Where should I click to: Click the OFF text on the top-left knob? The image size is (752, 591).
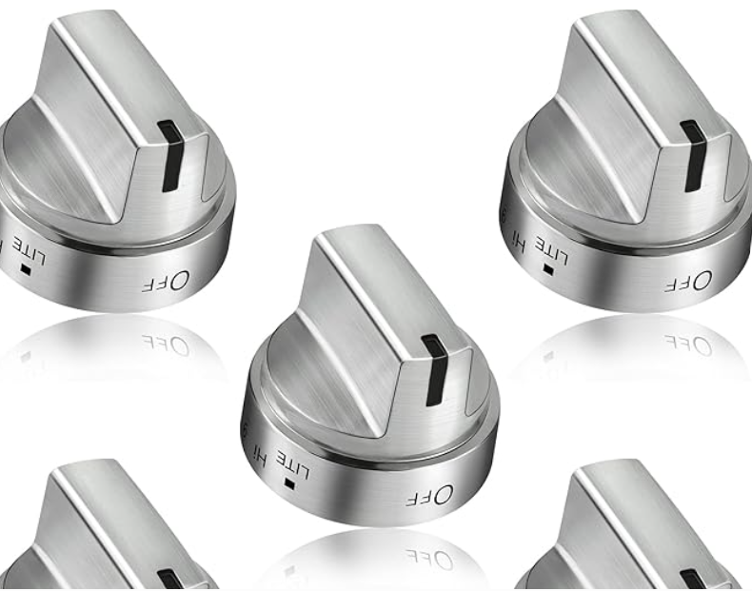point(168,280)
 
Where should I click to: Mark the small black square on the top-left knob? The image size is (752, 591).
point(26,269)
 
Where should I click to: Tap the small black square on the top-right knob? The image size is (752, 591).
point(547,270)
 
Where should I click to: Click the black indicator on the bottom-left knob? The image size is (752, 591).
point(171,580)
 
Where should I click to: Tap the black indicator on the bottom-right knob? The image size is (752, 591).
point(693,580)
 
